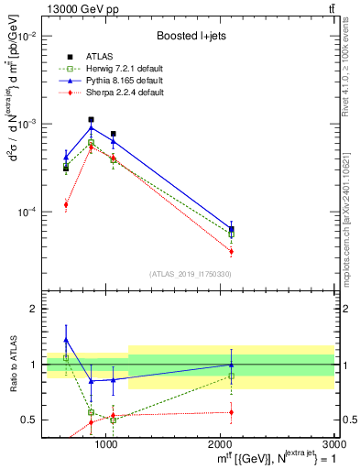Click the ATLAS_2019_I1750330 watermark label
point(191,274)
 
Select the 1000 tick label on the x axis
point(106,445)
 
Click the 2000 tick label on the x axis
point(221,445)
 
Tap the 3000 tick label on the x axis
point(332,445)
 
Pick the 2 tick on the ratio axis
point(33,309)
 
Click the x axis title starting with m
point(278,459)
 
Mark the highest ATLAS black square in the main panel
point(91,119)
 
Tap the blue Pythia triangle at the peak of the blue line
point(91,126)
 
